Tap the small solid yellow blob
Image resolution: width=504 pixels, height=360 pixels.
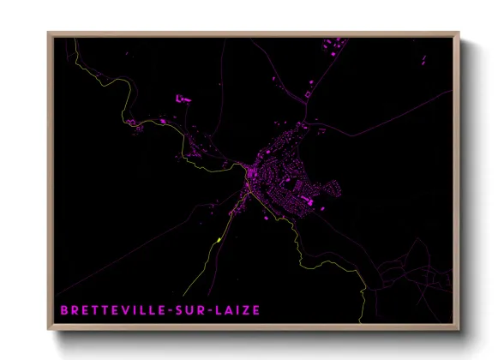220,239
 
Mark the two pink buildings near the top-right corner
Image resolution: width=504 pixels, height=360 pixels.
423,59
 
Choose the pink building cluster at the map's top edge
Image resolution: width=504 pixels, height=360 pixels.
333,45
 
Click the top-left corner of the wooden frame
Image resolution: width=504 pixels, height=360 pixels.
50,35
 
